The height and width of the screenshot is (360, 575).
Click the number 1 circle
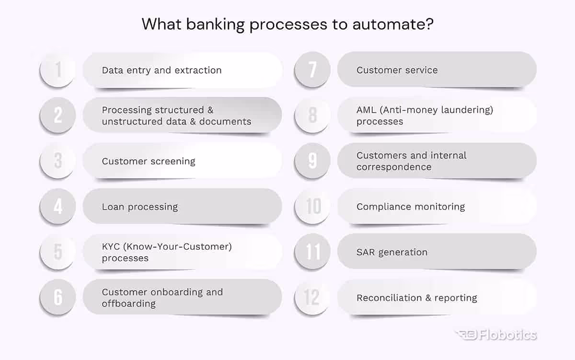pyautogui.click(x=58, y=70)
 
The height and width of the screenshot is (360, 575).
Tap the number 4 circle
pyautogui.click(x=58, y=207)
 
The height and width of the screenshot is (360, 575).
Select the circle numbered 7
pyautogui.click(x=312, y=70)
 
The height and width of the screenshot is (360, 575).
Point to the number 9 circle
pyautogui.click(x=312, y=161)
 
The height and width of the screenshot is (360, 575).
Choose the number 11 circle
pyautogui.click(x=312, y=252)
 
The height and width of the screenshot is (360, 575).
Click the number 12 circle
pyautogui.click(x=312, y=298)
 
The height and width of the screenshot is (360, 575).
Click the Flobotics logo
pyautogui.click(x=495, y=335)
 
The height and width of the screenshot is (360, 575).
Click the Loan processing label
pyautogui.click(x=139, y=207)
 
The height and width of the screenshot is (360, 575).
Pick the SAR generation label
pyautogui.click(x=391, y=253)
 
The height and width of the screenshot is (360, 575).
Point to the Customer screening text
pyautogui.click(x=149, y=162)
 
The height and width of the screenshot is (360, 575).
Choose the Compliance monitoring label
pyautogui.click(x=411, y=207)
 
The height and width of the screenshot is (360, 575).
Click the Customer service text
pyautogui.click(x=397, y=70)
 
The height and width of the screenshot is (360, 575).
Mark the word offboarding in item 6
pyautogui.click(x=128, y=304)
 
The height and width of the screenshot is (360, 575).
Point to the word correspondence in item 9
pyautogui.click(x=394, y=167)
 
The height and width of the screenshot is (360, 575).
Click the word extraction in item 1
pyautogui.click(x=197, y=70)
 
